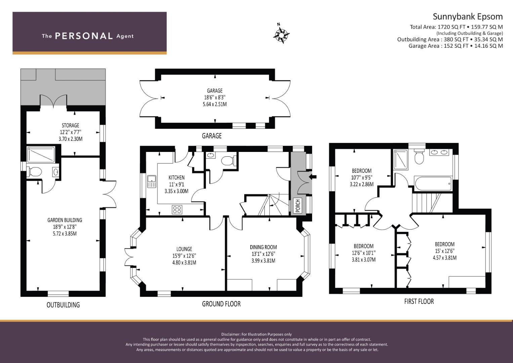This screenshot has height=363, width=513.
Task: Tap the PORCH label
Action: coord(298,205)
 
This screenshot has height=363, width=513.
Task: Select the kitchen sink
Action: coord(152,182)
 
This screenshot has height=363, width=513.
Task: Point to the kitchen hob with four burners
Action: coord(177,210)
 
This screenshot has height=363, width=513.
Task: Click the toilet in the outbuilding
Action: coord(35,172)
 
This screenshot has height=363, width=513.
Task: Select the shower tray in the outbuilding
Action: coord(38,155)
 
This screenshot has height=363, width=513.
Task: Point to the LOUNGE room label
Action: coord(184,249)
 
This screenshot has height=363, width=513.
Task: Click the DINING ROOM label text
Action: coord(263,247)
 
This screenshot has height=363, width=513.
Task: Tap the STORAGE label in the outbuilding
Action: coord(70,125)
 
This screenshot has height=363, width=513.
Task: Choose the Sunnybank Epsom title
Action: coord(467,16)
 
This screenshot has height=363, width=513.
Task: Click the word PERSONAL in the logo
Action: coord(84,36)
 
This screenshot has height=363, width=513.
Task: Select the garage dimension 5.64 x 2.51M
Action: coord(215,104)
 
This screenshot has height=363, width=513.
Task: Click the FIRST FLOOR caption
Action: coord(419,301)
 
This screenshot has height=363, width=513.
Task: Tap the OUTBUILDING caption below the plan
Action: coord(63,305)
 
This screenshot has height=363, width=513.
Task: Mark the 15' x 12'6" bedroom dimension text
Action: coord(444,251)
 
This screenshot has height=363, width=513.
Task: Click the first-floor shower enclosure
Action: coord(400,159)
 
